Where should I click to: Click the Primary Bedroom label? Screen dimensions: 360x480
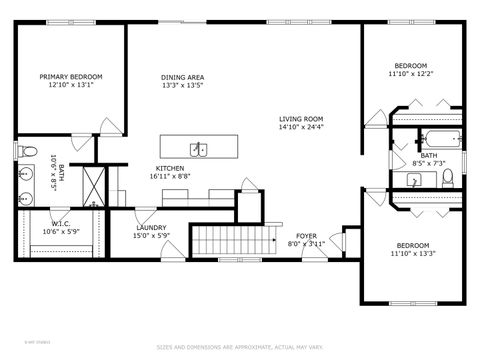[x=70, y=77]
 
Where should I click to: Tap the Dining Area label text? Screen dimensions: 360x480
[x=183, y=77]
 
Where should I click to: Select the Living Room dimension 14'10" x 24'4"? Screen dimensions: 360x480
[x=301, y=127]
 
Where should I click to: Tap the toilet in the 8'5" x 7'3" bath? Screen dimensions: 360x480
[x=449, y=178]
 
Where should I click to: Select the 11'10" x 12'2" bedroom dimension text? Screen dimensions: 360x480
[x=410, y=73]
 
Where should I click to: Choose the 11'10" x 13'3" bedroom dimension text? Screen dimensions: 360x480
[x=412, y=254]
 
